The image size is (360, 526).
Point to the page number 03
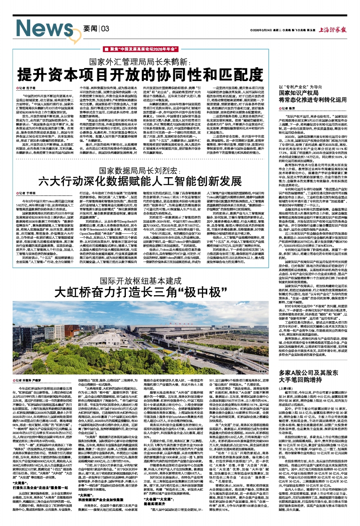pos(104,28)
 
